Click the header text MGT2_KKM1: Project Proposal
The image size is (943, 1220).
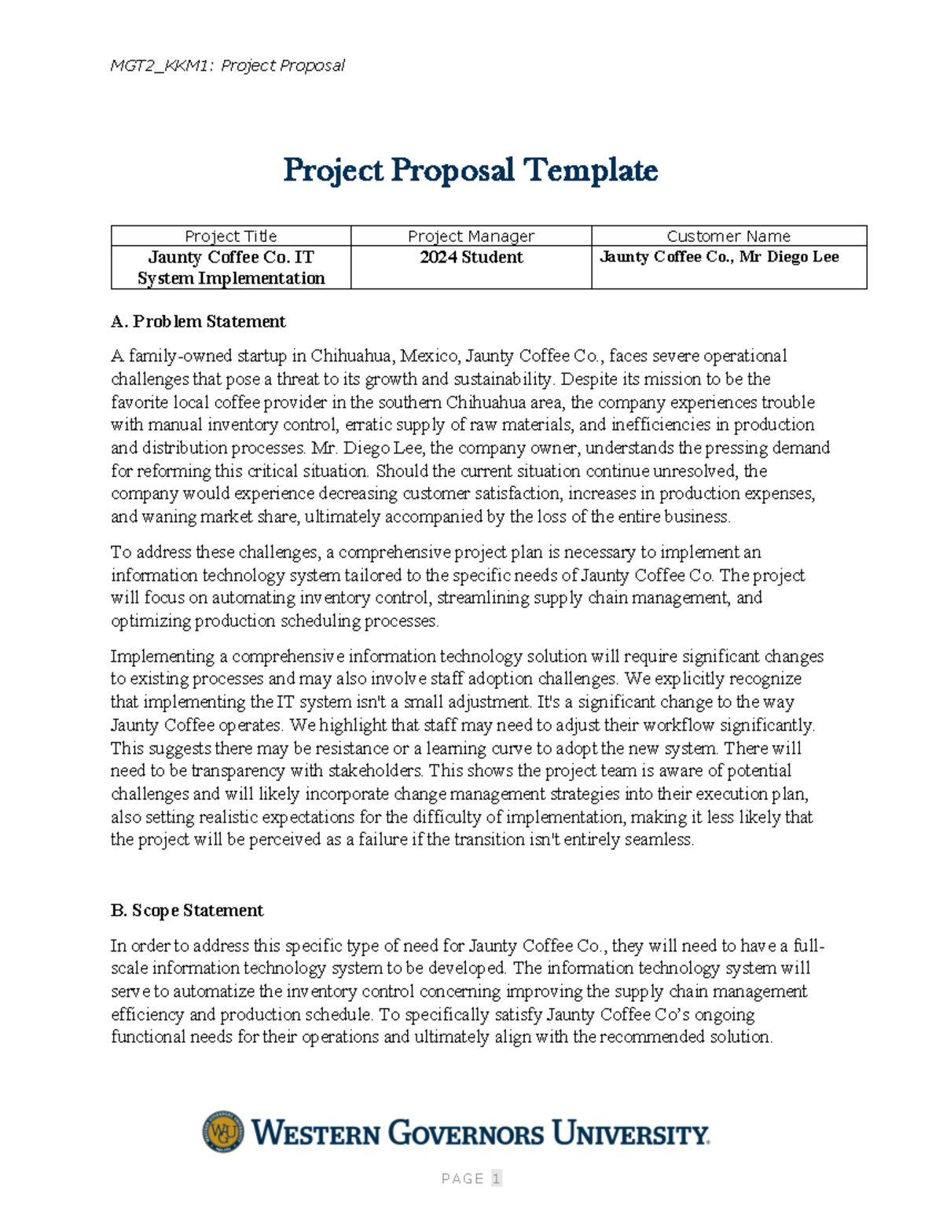[x=227, y=66]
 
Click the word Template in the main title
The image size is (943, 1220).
[x=590, y=170]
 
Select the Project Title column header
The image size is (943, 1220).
[x=230, y=236]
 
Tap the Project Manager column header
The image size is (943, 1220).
[x=471, y=236]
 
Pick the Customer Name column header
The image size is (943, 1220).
[x=728, y=236]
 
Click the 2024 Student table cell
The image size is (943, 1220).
[x=471, y=258]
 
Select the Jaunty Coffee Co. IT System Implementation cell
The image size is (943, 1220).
[x=230, y=267]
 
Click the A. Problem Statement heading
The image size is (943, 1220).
[x=198, y=321]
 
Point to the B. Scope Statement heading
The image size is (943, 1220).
[x=187, y=910]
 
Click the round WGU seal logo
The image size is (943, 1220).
[x=223, y=1132]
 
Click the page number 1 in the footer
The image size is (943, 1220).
[x=496, y=1178]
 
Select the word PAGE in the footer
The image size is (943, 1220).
[x=462, y=1178]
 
